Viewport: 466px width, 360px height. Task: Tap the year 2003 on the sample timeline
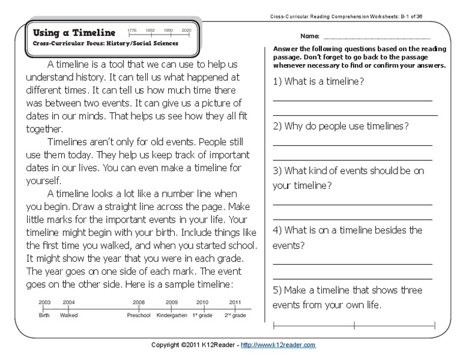click(44, 302)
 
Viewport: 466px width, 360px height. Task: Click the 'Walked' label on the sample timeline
click(68, 314)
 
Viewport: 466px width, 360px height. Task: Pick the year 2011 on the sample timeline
click(235, 302)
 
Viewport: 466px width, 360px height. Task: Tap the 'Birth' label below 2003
click(44, 314)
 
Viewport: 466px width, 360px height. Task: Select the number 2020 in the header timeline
click(186, 29)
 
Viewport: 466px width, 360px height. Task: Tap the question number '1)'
click(279, 81)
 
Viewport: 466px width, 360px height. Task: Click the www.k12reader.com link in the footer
click(280, 346)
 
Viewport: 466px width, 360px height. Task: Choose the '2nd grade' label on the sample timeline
click(235, 314)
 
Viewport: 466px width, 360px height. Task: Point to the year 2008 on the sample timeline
click(139, 302)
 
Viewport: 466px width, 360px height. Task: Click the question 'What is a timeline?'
click(325, 81)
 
